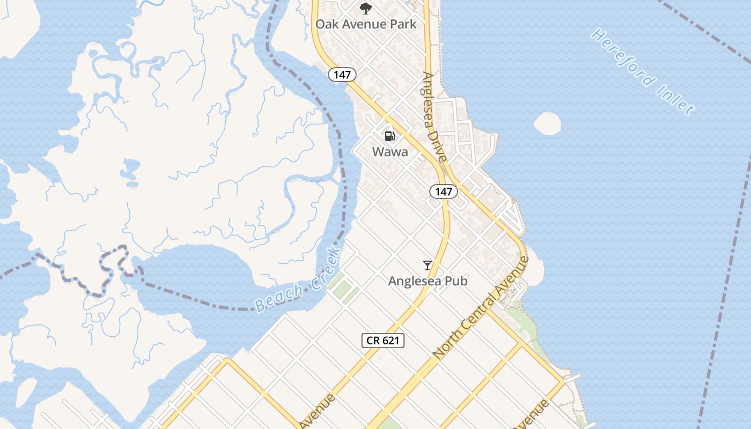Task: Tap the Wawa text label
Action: (x=390, y=152)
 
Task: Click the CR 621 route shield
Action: (x=382, y=340)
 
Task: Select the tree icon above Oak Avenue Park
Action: (x=365, y=9)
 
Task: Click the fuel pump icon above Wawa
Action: (x=390, y=136)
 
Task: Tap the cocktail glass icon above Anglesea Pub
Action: (x=427, y=265)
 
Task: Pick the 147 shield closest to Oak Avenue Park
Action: (x=342, y=75)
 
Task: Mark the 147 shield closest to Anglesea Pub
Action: (x=443, y=191)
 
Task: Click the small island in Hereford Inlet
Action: (x=547, y=123)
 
